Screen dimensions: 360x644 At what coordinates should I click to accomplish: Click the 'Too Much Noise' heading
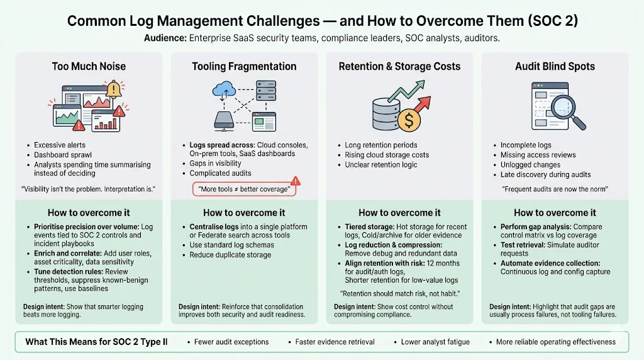coord(89,66)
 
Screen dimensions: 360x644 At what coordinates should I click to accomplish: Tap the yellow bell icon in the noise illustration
coord(114,89)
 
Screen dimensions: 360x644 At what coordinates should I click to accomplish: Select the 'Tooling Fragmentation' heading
coord(244,66)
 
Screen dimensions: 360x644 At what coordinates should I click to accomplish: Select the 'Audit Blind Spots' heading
coord(555,66)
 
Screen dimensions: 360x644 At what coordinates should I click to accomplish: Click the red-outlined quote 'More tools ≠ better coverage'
coord(243,189)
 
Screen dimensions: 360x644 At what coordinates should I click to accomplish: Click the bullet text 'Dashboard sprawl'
coord(62,155)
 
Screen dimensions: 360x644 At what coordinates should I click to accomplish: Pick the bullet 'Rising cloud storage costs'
coord(387,155)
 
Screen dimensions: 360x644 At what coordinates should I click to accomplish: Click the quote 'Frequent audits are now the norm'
coord(555,189)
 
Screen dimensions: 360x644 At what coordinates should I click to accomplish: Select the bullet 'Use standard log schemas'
coord(233,245)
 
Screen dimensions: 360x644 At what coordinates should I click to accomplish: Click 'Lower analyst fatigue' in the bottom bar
coord(435,342)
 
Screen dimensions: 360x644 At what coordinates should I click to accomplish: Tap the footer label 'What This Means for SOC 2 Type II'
coord(96,342)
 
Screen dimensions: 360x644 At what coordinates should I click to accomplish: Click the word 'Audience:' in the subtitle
coord(165,38)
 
